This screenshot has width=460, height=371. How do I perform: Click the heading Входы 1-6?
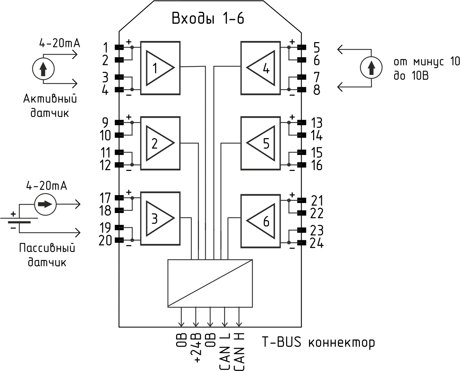click(208, 19)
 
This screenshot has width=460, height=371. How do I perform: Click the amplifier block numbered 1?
click(160, 68)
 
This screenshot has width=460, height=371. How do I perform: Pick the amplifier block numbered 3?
click(160, 218)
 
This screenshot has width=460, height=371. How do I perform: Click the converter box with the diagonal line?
click(210, 283)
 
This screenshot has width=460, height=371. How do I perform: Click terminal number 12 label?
click(106, 165)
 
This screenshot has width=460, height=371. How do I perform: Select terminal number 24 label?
click(316, 244)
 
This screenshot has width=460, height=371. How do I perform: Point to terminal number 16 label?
click(316, 165)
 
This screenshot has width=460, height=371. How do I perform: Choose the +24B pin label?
click(196, 348)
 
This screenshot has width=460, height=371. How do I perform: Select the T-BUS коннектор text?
click(318, 342)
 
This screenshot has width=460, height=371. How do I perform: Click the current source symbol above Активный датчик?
click(43, 68)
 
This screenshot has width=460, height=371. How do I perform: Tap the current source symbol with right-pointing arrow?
click(46, 204)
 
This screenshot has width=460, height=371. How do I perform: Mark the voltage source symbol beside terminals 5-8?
click(371, 68)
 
